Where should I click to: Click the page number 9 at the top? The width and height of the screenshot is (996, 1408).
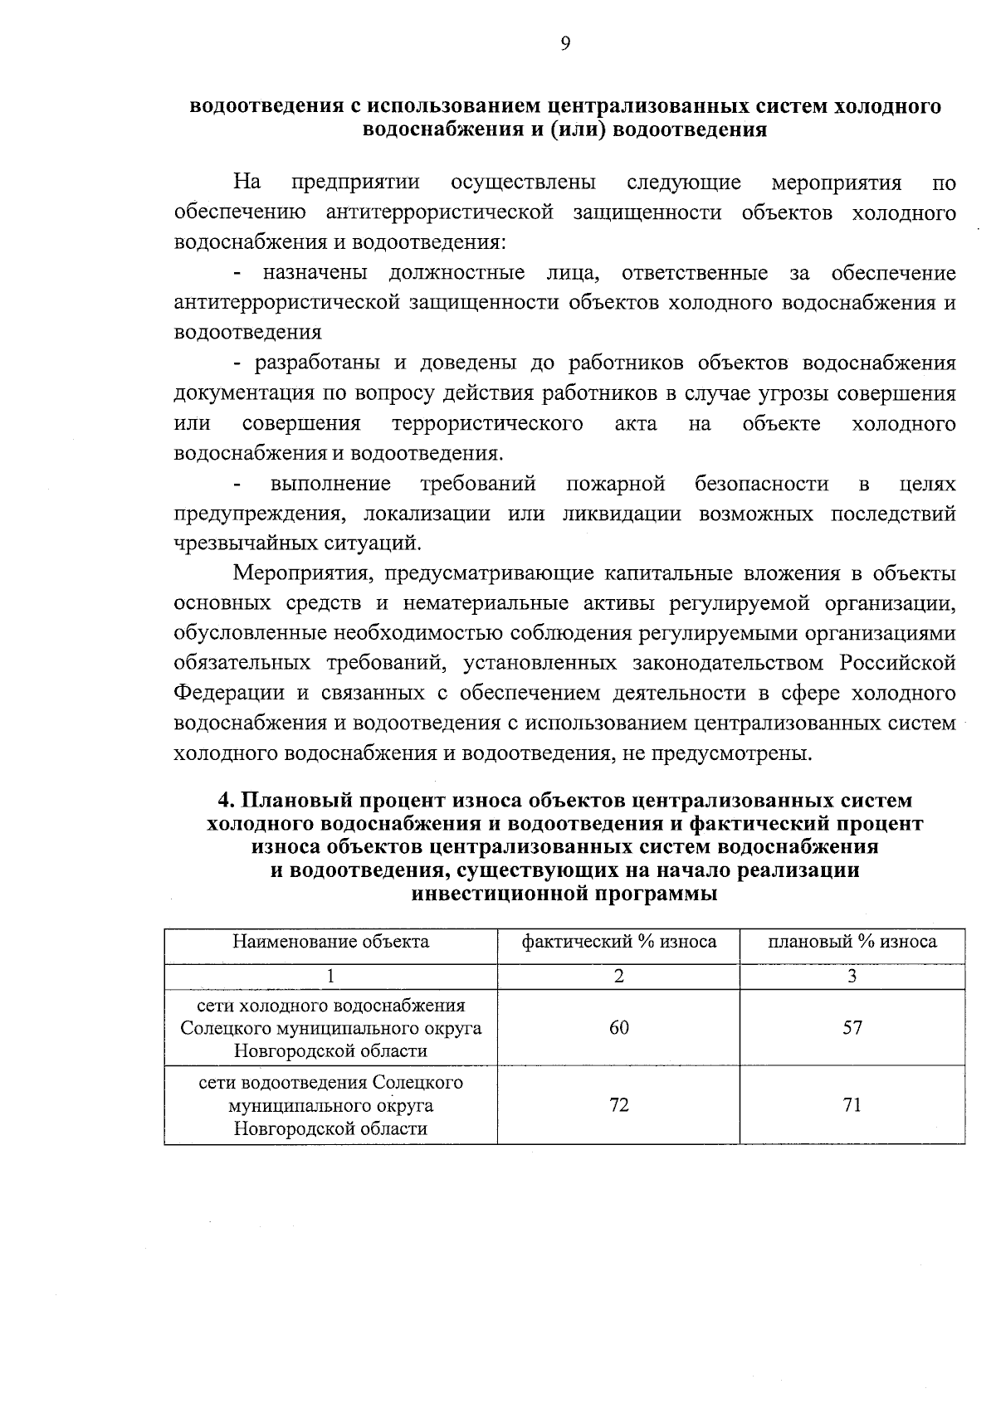pos(564,45)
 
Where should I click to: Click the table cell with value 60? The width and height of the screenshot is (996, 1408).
pos(618,1027)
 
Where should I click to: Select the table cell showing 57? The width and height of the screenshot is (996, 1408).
pos(852,1027)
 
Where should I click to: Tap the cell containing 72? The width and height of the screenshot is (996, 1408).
pos(618,1105)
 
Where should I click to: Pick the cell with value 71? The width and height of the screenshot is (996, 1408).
pos(852,1105)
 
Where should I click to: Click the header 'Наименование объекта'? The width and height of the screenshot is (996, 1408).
pos(330,942)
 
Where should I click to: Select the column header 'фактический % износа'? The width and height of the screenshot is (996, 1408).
pos(618,942)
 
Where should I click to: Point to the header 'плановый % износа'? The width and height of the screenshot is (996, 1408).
pos(852,942)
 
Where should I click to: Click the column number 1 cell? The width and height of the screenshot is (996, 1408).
pos(330,977)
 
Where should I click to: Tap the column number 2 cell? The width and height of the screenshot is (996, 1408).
pos(618,977)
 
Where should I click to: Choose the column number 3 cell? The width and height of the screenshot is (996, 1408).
pos(852,977)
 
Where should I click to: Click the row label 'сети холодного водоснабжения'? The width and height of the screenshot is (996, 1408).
pos(330,1006)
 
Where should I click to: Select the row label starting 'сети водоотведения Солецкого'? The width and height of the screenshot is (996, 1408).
pos(330,1083)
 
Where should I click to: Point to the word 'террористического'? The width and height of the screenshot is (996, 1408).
pos(487,424)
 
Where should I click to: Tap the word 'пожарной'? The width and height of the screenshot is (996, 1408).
pos(616,484)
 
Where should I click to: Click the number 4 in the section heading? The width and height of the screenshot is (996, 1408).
pos(222,801)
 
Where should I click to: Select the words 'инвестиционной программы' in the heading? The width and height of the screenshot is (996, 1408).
pos(564,894)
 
